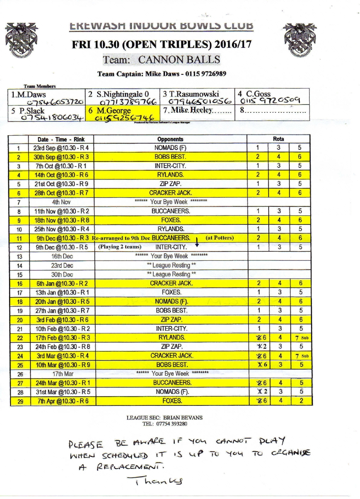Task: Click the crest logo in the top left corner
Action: click(x=22, y=39)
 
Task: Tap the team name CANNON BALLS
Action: click(x=179, y=59)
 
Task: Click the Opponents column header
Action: click(x=170, y=139)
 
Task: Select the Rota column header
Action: click(x=278, y=139)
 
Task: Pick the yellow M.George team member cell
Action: click(x=123, y=114)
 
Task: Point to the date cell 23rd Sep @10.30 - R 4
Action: click(x=61, y=148)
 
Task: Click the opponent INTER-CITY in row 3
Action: click(x=170, y=166)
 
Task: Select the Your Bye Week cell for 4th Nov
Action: click(x=170, y=202)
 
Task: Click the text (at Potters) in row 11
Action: click(x=220, y=238)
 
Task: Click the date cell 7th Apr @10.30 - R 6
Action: click(x=62, y=401)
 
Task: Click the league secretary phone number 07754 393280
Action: click(x=175, y=424)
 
